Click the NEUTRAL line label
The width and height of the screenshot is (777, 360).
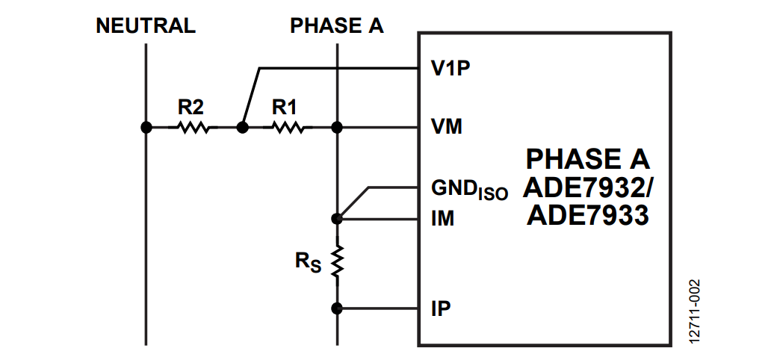click(146, 25)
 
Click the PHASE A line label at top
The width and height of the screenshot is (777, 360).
click(337, 25)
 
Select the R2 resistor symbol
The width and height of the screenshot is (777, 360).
click(194, 128)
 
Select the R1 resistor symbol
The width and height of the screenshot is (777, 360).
click(288, 128)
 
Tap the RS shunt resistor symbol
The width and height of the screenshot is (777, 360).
click(338, 262)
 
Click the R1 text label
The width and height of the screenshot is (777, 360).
click(285, 107)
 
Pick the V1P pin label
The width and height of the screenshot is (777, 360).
click(450, 69)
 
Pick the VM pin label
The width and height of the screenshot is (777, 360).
click(446, 127)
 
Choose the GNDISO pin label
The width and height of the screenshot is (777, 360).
click(469, 188)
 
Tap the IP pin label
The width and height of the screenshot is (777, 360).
click(441, 308)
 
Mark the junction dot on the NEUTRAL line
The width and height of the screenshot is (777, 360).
click(146, 127)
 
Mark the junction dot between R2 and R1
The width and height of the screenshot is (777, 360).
click(242, 127)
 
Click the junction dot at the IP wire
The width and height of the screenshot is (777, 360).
click(338, 308)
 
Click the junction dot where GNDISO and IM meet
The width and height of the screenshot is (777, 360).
click(338, 219)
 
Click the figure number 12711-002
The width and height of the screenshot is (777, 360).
click(695, 311)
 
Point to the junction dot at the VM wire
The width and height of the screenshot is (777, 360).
click(338, 127)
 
